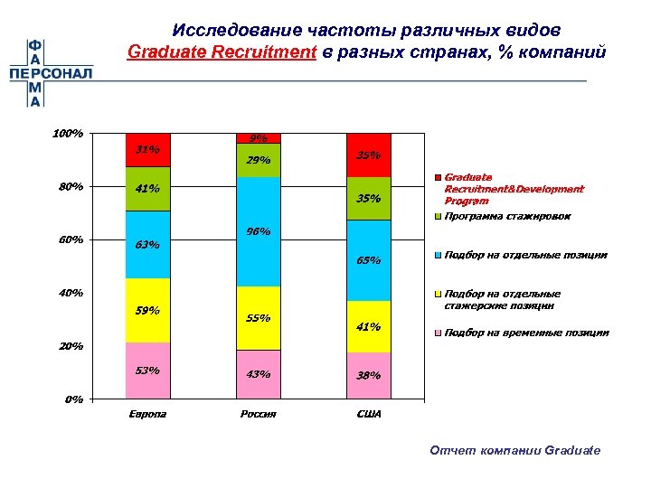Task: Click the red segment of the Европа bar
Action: pos(147,150)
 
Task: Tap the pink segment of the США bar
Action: pos(368,375)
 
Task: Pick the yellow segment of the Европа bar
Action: pos(147,310)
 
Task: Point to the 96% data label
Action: pos(259,231)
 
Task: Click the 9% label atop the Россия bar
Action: pos(259,138)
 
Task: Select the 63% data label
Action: pos(147,244)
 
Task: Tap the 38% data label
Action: pos(368,376)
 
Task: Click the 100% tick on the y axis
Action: pos(68,134)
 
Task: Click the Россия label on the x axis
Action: pos(259,414)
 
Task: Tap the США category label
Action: pos(368,414)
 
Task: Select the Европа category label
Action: pos(147,414)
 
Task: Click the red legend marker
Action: pos(438,178)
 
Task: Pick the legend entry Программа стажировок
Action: pos(507,216)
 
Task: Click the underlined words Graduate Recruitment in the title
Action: pos(222,52)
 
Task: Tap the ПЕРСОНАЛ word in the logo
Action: pos(51,72)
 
